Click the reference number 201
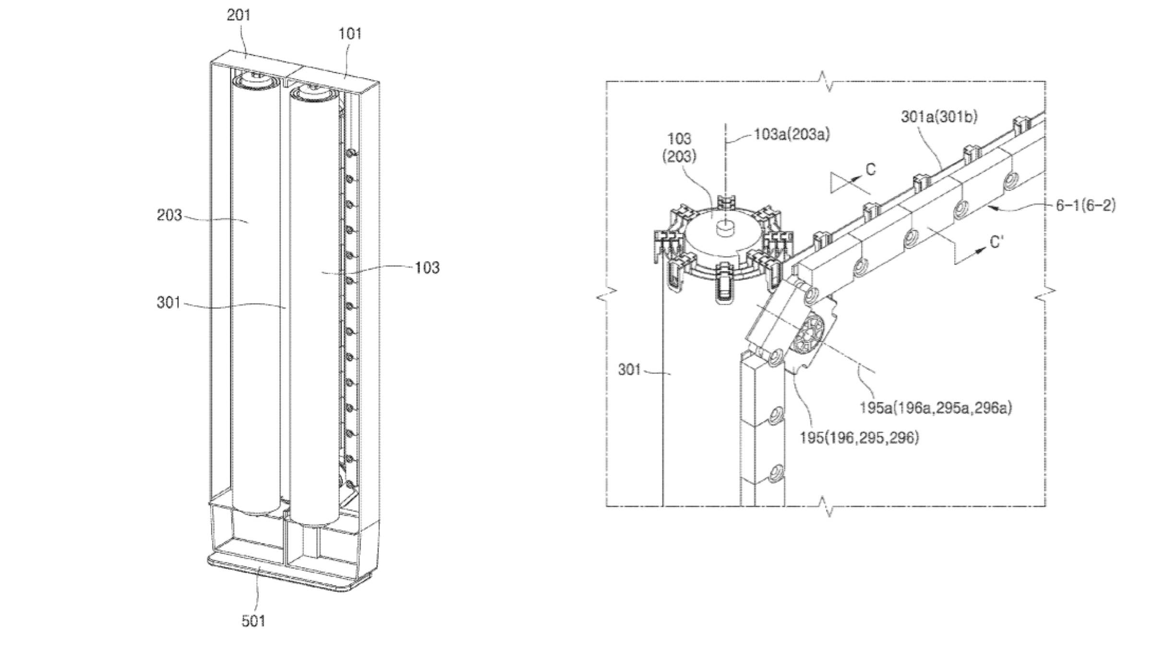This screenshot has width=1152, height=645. click(239, 15)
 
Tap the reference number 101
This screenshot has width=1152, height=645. click(350, 34)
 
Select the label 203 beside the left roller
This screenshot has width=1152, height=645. click(169, 215)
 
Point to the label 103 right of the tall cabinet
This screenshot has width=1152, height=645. click(427, 267)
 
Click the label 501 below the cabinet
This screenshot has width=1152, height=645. click(253, 621)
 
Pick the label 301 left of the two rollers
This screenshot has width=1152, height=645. click(168, 303)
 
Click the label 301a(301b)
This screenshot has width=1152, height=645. click(939, 117)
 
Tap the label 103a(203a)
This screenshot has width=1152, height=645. click(792, 134)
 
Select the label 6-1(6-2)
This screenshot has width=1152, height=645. click(1085, 205)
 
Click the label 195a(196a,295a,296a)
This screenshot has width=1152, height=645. click(936, 408)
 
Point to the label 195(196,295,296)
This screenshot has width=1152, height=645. click(859, 438)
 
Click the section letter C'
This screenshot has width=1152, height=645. click(997, 243)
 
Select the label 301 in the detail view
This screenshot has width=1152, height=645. click(629, 370)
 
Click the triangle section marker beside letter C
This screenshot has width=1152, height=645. click(840, 183)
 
